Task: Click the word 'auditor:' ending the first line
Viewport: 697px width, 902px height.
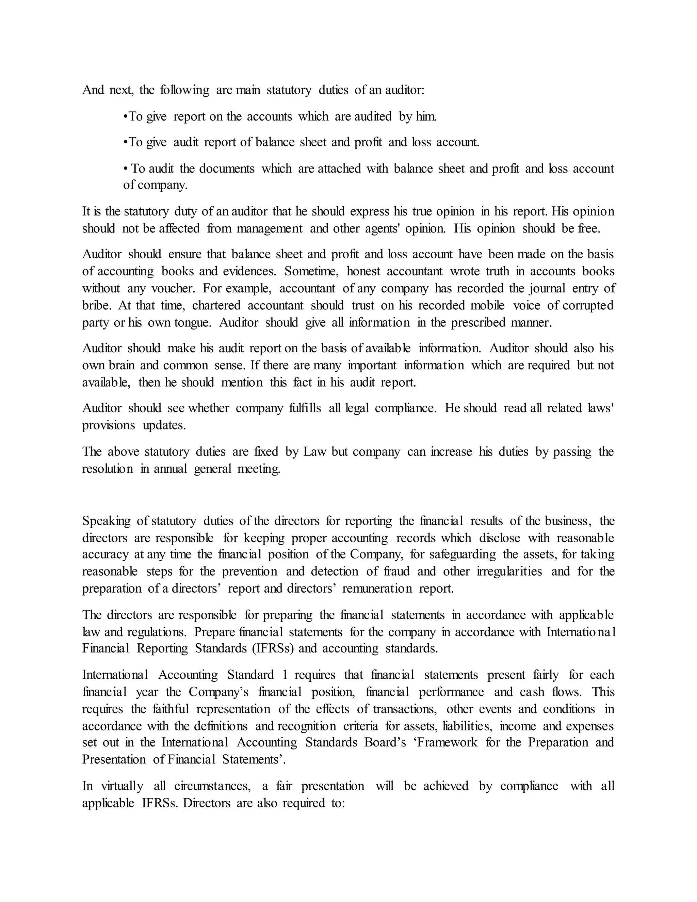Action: click(x=404, y=90)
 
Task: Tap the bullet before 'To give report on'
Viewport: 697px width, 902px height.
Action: click(x=126, y=116)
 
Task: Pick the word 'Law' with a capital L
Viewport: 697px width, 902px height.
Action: click(x=315, y=451)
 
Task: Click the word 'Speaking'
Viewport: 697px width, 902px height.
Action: click(x=106, y=521)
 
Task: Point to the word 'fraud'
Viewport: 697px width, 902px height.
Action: click(x=397, y=571)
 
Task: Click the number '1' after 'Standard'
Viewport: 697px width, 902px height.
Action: click(x=285, y=675)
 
